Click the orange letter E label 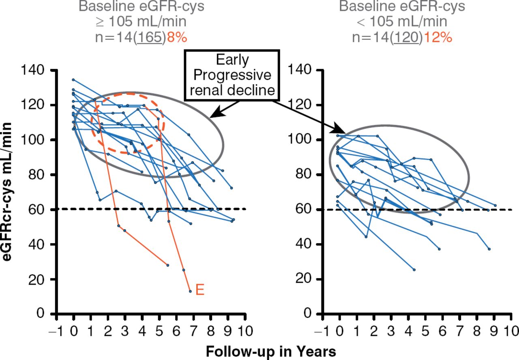point(199,290)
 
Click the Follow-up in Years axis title point(270,351)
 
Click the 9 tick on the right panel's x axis point(494,328)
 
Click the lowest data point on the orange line point(190,291)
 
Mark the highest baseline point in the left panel point(73,80)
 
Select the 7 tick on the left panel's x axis point(193,328)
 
